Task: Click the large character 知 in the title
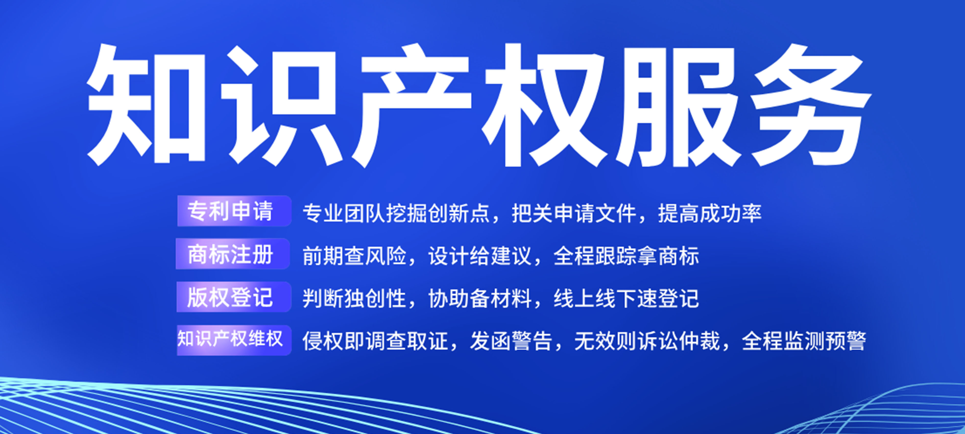(147, 105)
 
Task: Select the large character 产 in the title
(410, 105)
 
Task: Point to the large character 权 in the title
(544, 105)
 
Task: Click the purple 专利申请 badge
(234, 211)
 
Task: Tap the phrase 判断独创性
(354, 299)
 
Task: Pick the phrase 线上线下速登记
(626, 299)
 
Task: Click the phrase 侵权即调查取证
(375, 341)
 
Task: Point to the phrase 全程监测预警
(804, 341)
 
